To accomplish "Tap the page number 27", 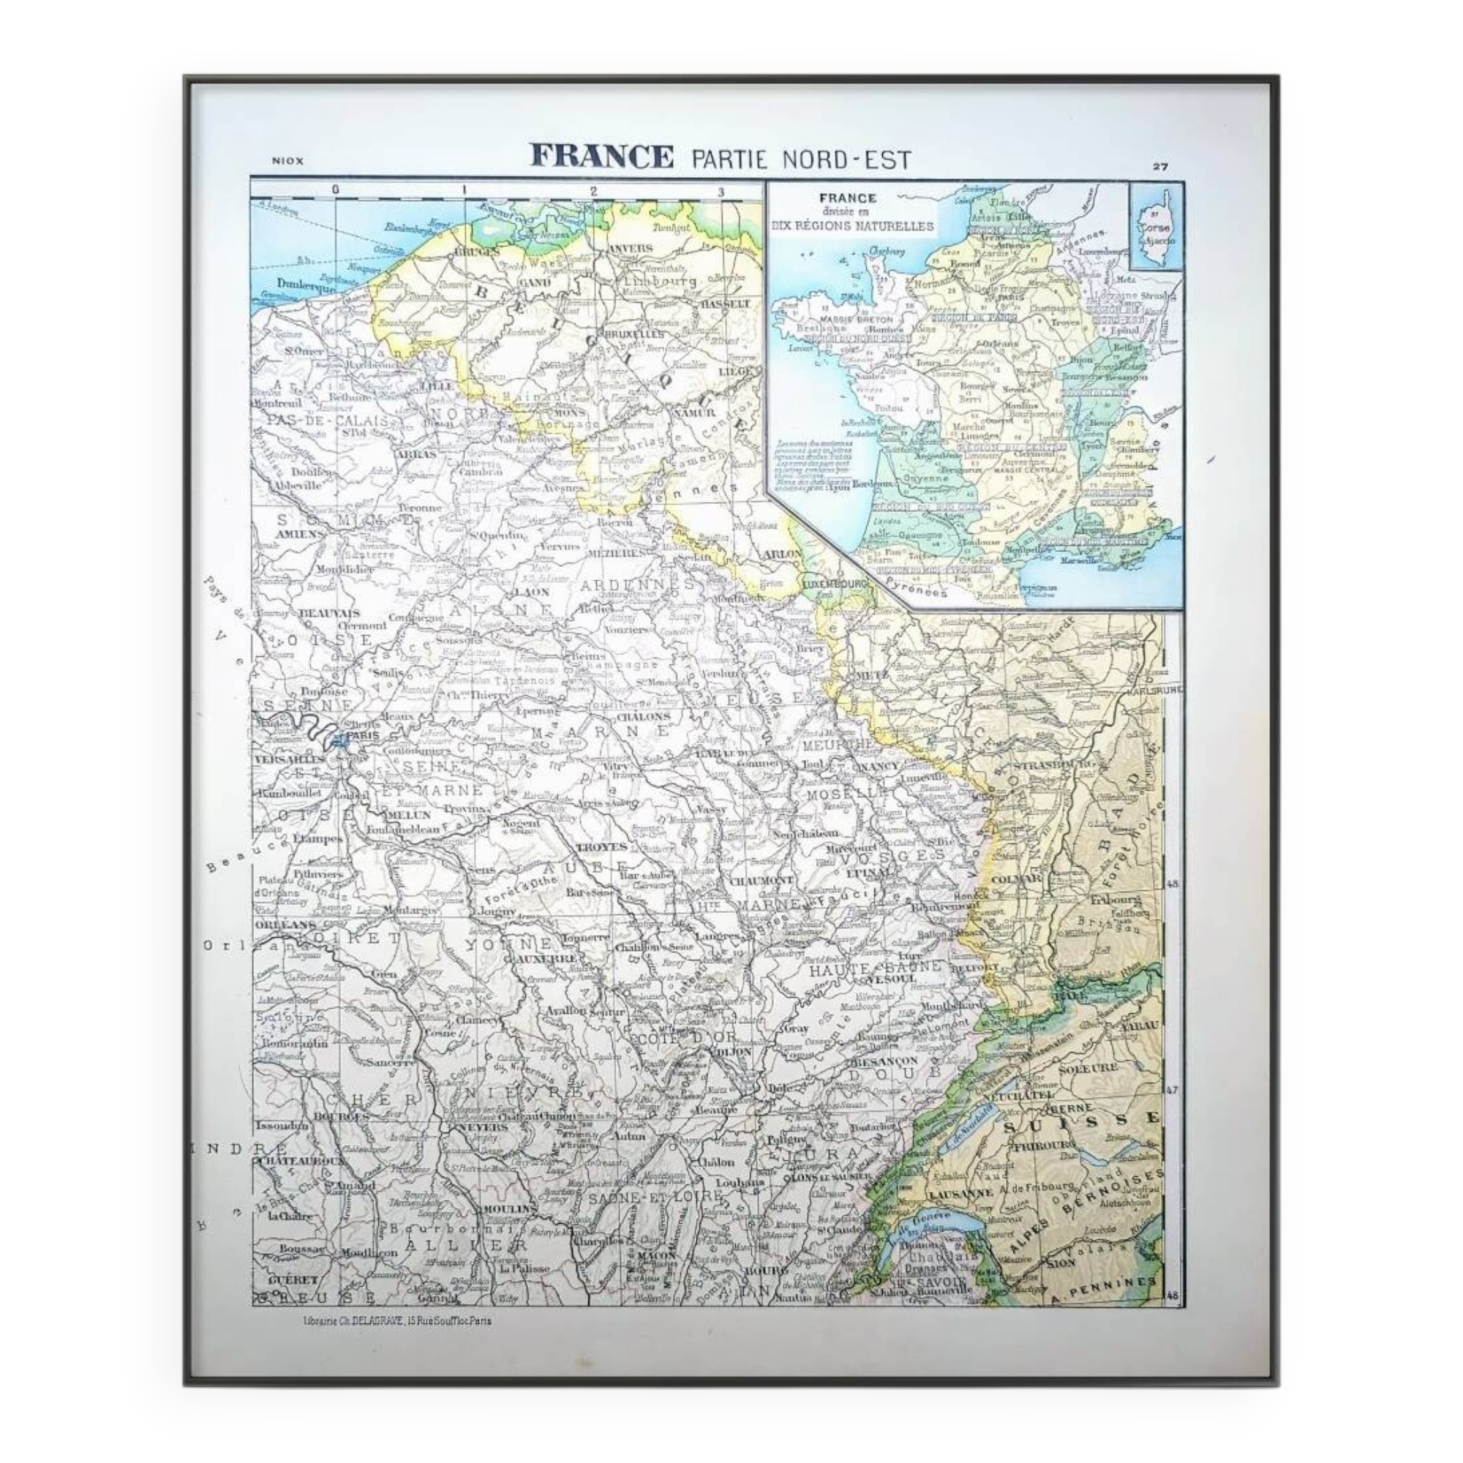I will click(x=1160, y=167).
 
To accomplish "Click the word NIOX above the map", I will click(x=287, y=160).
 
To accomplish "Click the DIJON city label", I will click(x=732, y=1052).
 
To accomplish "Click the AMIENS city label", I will click(x=300, y=534).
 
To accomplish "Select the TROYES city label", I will click(x=601, y=846).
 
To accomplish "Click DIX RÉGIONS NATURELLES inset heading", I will click(x=852, y=225).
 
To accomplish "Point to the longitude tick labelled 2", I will click(x=594, y=192).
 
